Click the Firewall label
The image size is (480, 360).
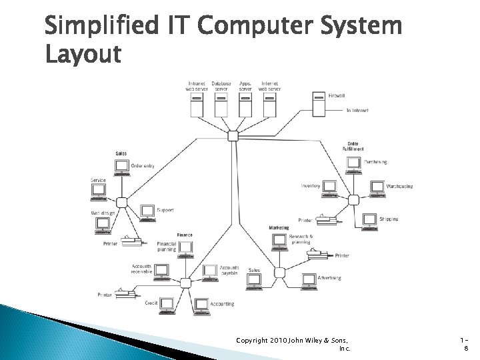tap(337, 96)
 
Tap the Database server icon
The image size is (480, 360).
tap(221, 105)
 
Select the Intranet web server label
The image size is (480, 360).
tap(197, 86)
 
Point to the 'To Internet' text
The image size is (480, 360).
tap(357, 110)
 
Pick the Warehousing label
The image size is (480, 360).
tap(399, 186)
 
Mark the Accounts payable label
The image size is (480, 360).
tap(229, 269)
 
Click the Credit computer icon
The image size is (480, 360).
tap(167, 304)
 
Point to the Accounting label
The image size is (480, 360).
tap(223, 304)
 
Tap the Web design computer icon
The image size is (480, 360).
tap(103, 224)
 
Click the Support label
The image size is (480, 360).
tap(165, 210)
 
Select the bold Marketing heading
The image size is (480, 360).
tap(279, 227)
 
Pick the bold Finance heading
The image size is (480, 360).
tap(185, 235)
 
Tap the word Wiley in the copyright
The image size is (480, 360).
tap(311, 340)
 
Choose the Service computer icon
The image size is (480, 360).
tap(98, 191)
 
